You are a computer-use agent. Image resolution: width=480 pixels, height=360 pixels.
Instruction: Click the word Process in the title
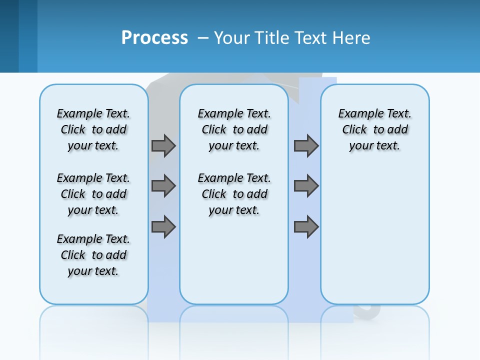pos(154,37)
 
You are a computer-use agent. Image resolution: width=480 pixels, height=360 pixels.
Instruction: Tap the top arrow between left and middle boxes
pos(163,145)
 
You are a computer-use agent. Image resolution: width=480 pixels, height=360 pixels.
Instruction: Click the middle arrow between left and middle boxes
pos(163,186)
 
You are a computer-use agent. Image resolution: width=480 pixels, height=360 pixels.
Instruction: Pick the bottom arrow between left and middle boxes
pos(163,226)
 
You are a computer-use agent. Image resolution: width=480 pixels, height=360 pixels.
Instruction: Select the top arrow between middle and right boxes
pos(306,145)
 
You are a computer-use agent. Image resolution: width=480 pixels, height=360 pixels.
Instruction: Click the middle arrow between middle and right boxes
pos(306,186)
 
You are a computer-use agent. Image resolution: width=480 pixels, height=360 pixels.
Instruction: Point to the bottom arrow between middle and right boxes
pos(306,226)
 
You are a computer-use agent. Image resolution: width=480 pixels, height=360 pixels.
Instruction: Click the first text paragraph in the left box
pos(93,129)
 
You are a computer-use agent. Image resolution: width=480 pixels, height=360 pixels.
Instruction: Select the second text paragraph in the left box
pos(93,194)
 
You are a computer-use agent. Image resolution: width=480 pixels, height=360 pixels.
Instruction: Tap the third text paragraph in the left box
pos(93,255)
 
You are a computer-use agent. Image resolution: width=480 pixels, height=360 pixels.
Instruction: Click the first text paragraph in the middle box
pos(234,129)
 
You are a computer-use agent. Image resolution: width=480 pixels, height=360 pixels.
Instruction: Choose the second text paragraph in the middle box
pos(234,194)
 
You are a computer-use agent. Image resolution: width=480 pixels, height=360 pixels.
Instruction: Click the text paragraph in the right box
pos(375,129)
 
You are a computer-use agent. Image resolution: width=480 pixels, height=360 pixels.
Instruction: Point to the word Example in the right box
pos(357,114)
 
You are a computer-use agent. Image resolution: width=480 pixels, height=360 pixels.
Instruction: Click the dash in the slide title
pos(203,37)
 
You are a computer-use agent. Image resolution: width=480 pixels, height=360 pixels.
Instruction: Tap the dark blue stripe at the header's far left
pos(9,36)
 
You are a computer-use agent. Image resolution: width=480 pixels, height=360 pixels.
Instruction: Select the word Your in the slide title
pos(232,37)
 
